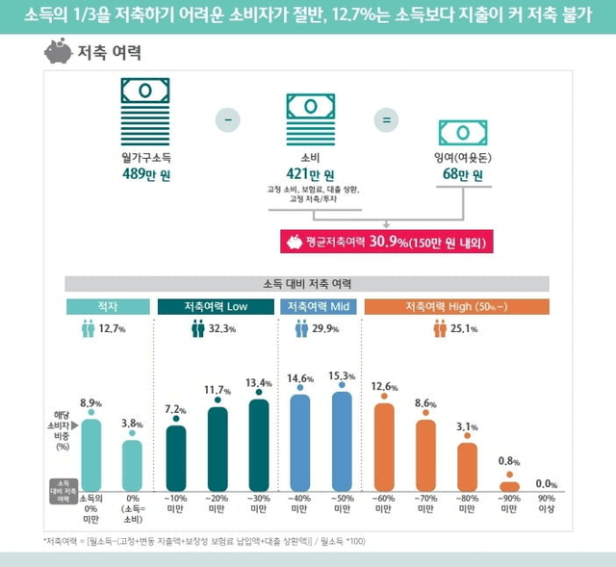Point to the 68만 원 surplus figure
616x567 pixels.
tap(463, 174)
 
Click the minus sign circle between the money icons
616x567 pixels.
tap(228, 119)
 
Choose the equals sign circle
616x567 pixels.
tap(386, 120)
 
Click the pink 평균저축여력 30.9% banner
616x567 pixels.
tap(385, 242)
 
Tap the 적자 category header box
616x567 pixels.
tap(106, 306)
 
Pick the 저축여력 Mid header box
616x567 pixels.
tap(319, 306)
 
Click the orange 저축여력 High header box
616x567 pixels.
tap(456, 306)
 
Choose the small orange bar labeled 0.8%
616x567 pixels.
tap(509, 486)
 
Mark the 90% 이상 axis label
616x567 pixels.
tap(546, 503)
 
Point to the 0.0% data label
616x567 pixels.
tap(546, 483)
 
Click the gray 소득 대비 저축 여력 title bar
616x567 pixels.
tap(307, 284)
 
